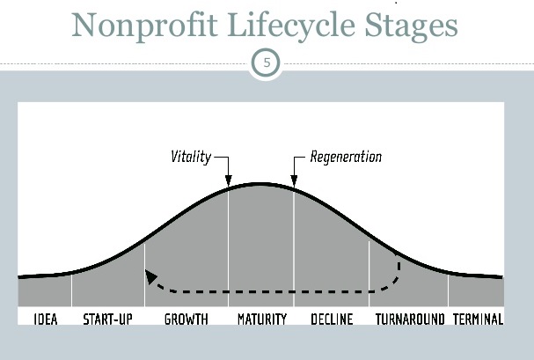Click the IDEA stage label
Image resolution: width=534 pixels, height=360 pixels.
pos(46,320)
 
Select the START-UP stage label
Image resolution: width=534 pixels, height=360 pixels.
pos(107,320)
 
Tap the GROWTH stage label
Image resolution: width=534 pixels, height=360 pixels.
pos(186,320)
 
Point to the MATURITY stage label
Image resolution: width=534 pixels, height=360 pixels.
pos(262,320)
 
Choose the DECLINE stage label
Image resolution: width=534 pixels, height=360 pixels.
pos(332,320)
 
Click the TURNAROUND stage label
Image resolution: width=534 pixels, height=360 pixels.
pos(410,320)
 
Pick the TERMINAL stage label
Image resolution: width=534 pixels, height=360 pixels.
pos(478,320)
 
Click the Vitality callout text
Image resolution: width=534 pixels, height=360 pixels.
pos(191,157)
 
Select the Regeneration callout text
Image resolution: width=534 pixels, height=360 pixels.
pos(346,157)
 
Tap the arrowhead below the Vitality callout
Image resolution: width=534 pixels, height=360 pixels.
pos(228,180)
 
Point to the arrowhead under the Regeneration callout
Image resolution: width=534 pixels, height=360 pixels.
pos(294,180)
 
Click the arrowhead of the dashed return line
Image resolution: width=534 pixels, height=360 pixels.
pos(150,276)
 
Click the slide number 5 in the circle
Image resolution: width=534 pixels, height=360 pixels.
pos(267,63)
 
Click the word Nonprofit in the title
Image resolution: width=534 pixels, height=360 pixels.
pos(144,26)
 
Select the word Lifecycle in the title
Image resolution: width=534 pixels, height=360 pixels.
pos(291,26)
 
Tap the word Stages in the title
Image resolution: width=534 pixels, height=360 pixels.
pos(411,26)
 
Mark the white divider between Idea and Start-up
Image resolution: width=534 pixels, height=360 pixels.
pos(71,290)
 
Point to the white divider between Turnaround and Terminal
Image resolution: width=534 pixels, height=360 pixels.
pos(448,290)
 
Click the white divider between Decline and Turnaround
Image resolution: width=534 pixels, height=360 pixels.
pos(369,274)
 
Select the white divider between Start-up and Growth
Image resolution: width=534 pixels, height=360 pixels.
pos(145,276)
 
